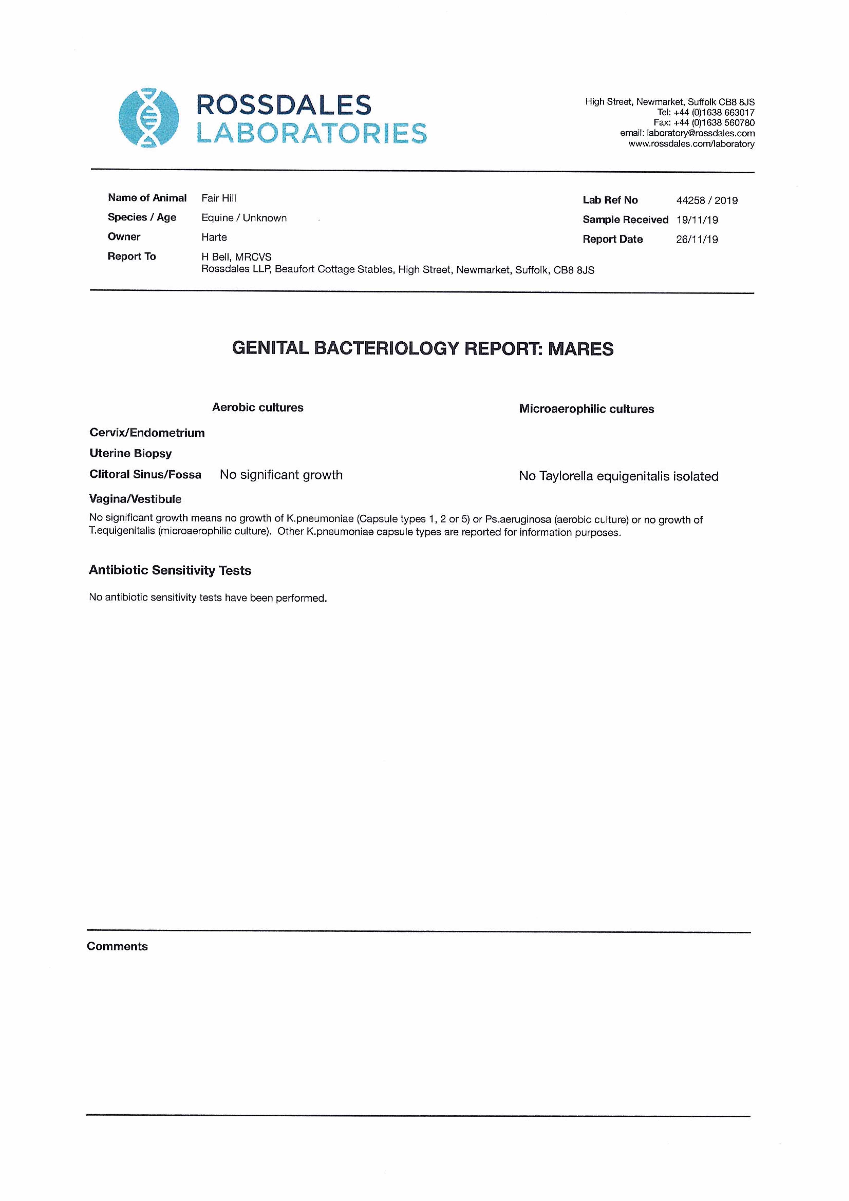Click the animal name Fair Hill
click(219, 198)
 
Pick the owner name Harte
click(214, 238)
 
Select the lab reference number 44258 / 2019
click(707, 200)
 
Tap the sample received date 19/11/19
click(697, 220)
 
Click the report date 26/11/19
click(697, 239)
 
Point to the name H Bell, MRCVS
click(236, 257)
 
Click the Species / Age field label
click(142, 218)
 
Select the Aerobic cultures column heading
click(257, 407)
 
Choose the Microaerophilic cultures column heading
click(586, 409)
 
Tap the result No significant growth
click(281, 475)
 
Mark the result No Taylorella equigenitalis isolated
click(618, 477)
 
